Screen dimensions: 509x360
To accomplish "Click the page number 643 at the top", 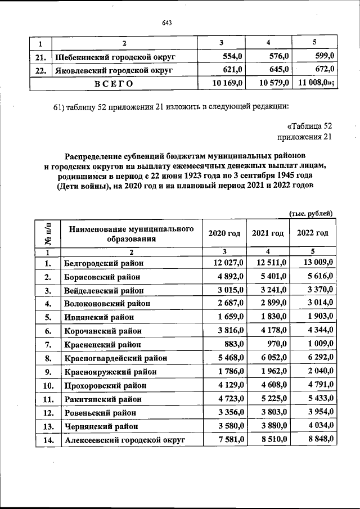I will pos(166,22).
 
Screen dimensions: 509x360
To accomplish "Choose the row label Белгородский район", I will pos(104,263).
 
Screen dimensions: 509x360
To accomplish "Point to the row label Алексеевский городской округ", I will pos(124,440).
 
